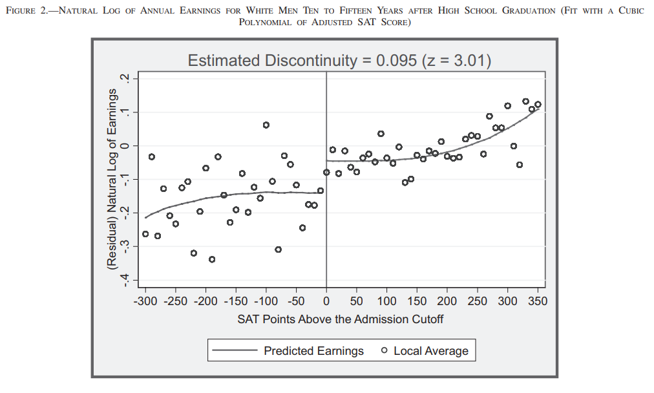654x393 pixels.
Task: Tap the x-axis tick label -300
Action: [145, 301]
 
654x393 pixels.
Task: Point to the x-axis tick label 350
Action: [538, 301]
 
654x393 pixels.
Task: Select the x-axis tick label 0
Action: [326, 301]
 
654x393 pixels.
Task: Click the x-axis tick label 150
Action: [417, 301]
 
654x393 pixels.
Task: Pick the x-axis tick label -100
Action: [266, 301]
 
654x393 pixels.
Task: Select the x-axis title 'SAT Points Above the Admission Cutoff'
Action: [341, 319]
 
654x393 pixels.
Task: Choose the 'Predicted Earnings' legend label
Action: [313, 351]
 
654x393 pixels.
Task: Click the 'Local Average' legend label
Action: [431, 351]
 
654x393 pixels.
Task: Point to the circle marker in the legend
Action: [385, 351]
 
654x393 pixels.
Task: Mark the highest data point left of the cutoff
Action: [266, 125]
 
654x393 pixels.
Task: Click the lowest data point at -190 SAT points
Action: [211, 259]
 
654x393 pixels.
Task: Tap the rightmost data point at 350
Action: [538, 104]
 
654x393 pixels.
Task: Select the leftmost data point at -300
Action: [145, 234]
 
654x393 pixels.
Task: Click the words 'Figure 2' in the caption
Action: [32, 12]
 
